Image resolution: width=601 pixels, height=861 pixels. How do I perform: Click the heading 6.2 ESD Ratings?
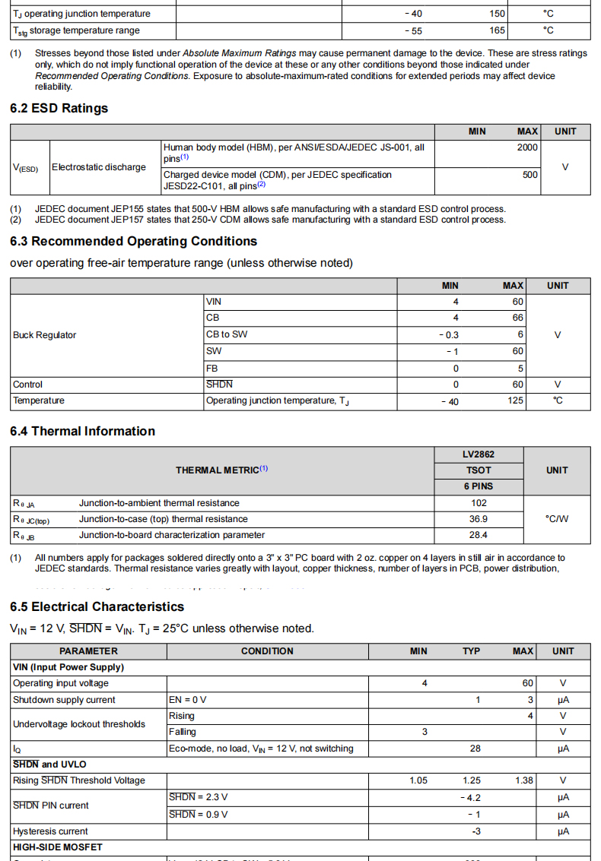pos(59,108)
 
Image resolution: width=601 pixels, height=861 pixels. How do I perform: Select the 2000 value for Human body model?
pos(527,147)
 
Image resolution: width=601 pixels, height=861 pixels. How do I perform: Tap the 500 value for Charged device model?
pos(530,175)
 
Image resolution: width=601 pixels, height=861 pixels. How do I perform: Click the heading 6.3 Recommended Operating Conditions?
pos(133,241)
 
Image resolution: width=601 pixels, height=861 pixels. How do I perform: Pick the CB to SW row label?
pos(227,334)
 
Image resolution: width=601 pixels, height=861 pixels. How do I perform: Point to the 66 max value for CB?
pos(517,318)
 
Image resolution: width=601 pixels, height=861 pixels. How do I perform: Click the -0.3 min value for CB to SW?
pos(449,335)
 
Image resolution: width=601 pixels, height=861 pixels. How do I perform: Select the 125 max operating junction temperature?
pos(515,401)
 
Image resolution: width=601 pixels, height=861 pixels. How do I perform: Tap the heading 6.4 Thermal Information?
pos(82,431)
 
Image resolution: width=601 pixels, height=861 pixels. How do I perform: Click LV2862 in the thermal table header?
pos(479,454)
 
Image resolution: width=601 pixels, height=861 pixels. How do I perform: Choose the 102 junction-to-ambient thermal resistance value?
pos(479,503)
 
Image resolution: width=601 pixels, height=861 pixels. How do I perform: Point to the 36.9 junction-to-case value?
pos(479,519)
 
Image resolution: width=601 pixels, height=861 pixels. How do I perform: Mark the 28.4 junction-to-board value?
pos(479,535)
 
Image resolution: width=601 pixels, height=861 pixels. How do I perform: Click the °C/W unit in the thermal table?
pos(557,519)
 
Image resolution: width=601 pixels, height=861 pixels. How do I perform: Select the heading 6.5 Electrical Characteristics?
pos(97,606)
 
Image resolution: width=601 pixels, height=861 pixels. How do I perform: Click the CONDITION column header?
pos(267,651)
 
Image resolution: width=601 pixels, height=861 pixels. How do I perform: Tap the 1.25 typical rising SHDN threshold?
pos(472,780)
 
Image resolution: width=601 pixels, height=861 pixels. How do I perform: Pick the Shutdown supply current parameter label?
pos(64,700)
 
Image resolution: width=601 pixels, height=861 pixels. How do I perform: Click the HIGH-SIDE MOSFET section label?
pos(58,847)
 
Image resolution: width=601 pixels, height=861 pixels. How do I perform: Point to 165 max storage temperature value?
pos(497,30)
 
